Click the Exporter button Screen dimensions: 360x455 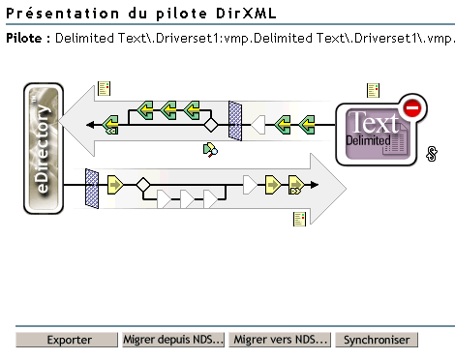[69, 340]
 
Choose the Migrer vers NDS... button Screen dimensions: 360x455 [282, 340]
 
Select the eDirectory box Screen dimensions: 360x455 [44, 148]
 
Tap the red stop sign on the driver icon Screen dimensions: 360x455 [410, 107]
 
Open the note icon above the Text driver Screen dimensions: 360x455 [373, 91]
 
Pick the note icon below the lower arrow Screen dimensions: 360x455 [300, 220]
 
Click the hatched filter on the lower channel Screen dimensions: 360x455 [93, 182]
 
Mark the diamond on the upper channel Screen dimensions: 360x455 [209, 125]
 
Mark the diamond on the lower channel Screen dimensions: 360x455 [143, 182]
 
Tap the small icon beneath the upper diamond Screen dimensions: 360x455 [209, 149]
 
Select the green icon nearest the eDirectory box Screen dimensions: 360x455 [111, 124]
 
